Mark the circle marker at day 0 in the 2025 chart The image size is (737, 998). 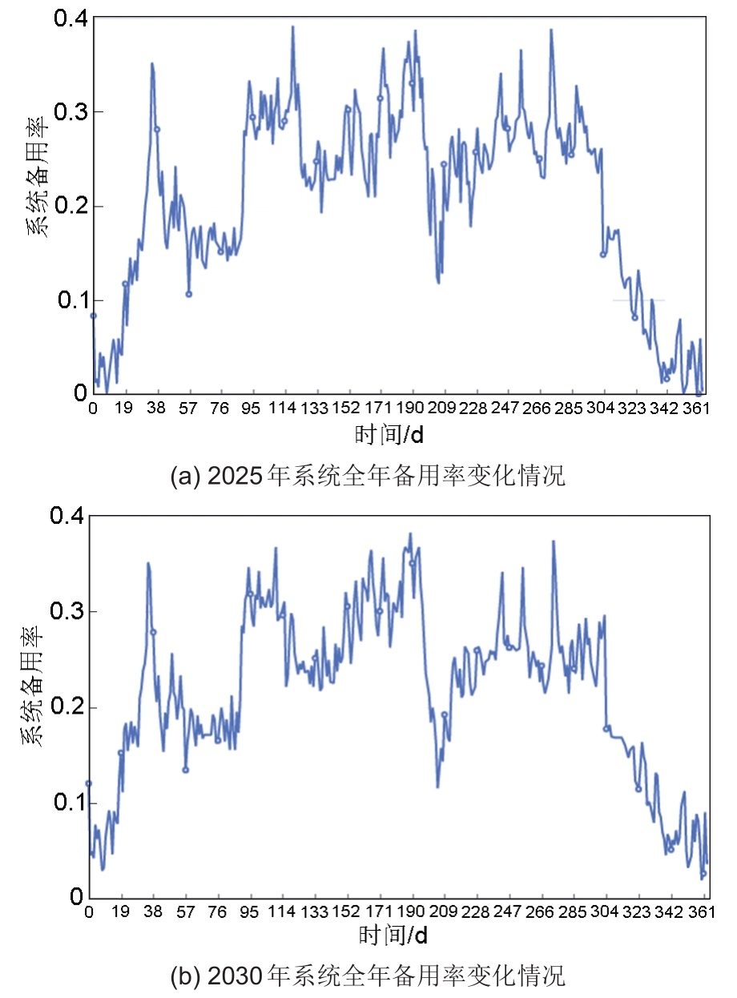(93, 316)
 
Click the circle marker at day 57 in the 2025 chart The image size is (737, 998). (189, 294)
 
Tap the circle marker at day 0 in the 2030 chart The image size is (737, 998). (89, 783)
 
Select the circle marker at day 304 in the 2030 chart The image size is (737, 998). (606, 728)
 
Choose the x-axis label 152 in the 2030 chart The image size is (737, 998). (346, 912)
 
